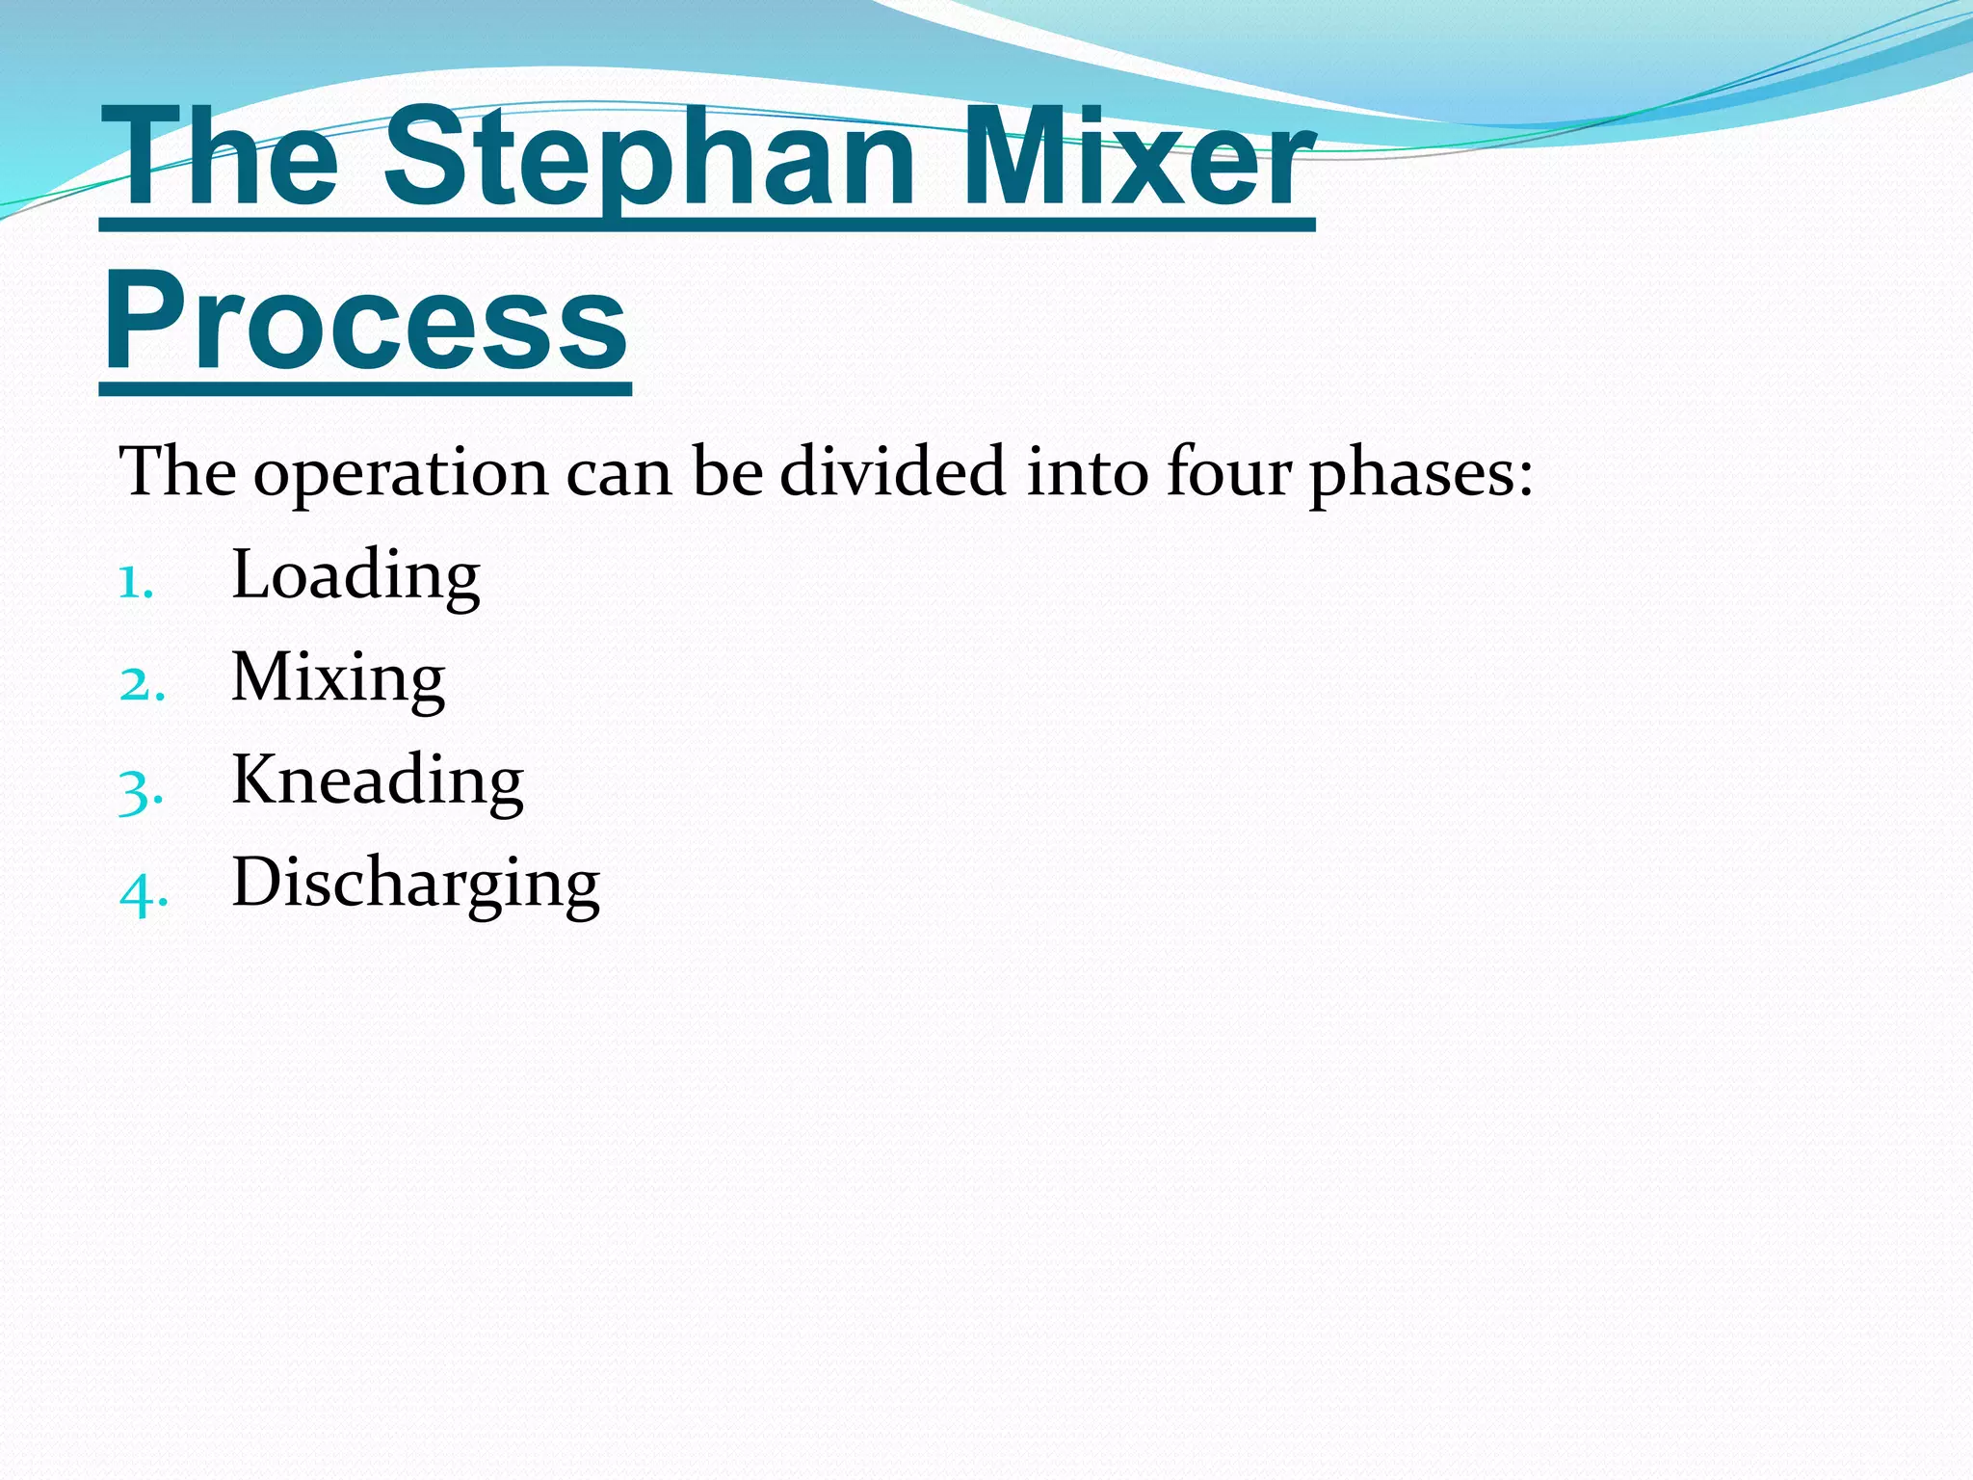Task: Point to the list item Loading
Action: pos(355,575)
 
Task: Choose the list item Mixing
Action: pos(338,678)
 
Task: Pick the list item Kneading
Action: pos(378,780)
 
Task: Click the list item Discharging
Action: pos(415,884)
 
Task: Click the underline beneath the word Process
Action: pos(365,389)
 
